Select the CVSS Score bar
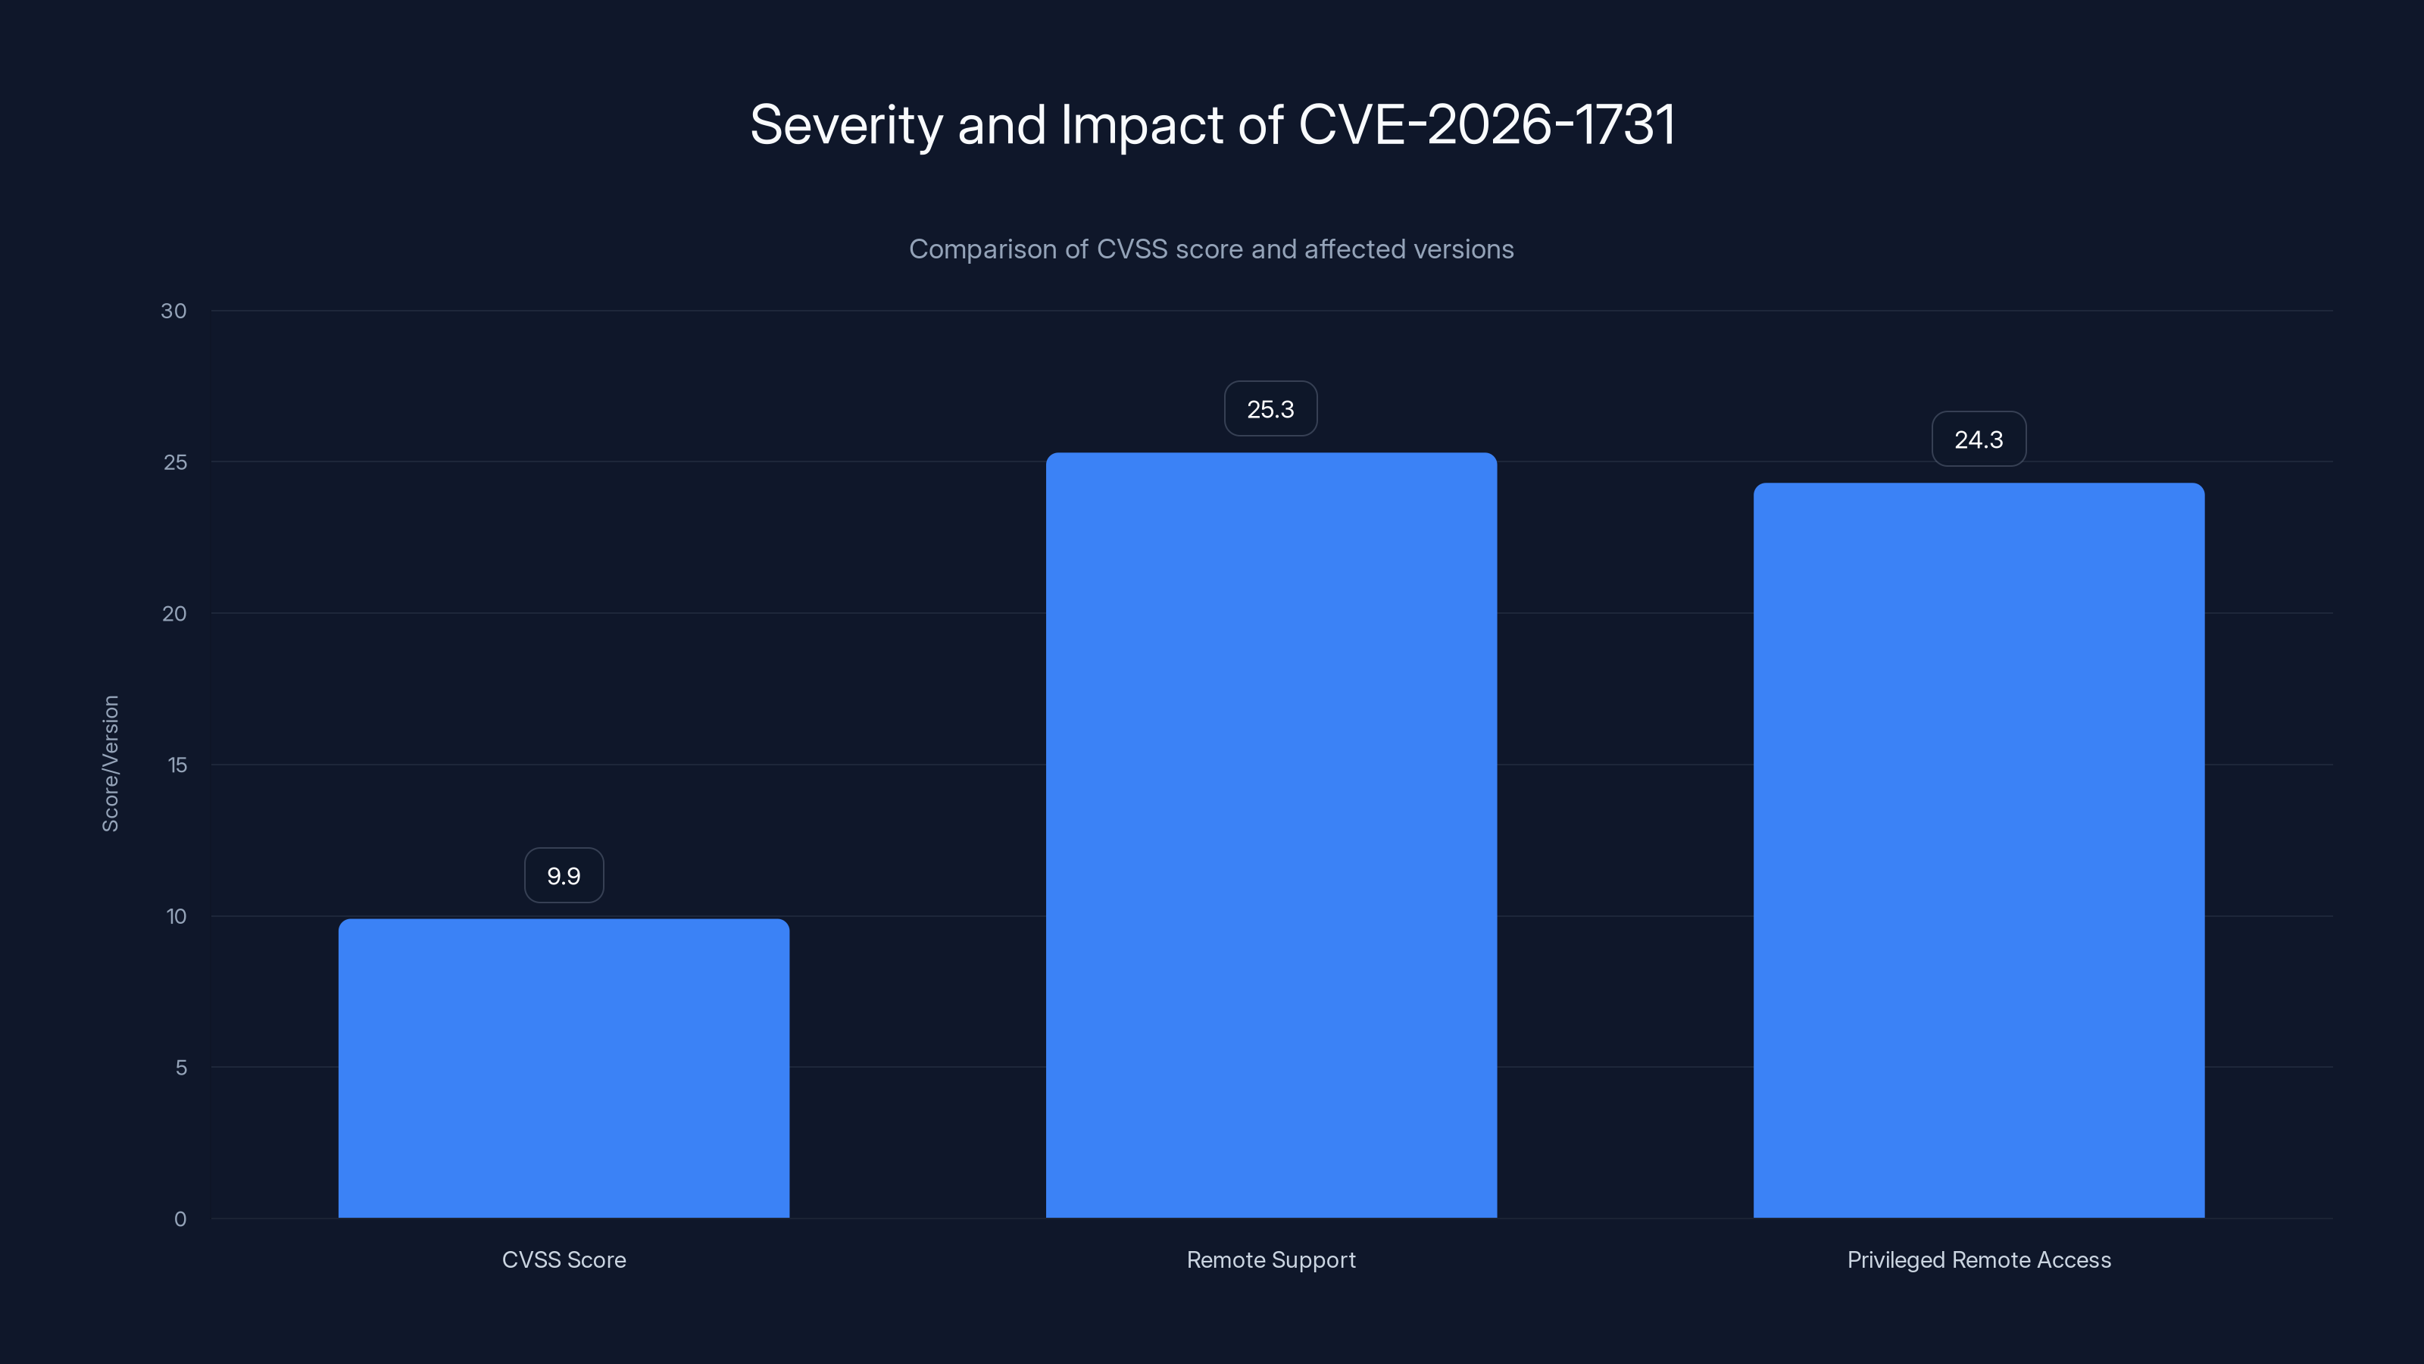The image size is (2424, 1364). [564, 1068]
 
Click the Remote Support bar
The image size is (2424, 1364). [1271, 835]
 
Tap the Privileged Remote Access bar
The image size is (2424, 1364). [1979, 850]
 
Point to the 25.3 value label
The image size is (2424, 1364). [1270, 409]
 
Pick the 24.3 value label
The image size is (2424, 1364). [1979, 440]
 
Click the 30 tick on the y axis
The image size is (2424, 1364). [174, 311]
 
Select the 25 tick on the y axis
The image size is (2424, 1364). [175, 462]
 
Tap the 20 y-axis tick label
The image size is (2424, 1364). [174, 614]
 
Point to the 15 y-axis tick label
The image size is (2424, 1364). [177, 765]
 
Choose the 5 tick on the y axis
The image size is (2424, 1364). [181, 1068]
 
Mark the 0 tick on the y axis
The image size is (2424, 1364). [181, 1219]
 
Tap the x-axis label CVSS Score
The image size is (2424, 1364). [564, 1259]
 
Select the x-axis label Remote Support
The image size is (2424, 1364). [1271, 1259]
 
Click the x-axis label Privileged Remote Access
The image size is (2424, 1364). [1979, 1259]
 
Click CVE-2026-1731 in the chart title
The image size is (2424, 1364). [1487, 124]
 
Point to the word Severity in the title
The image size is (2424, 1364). [846, 124]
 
